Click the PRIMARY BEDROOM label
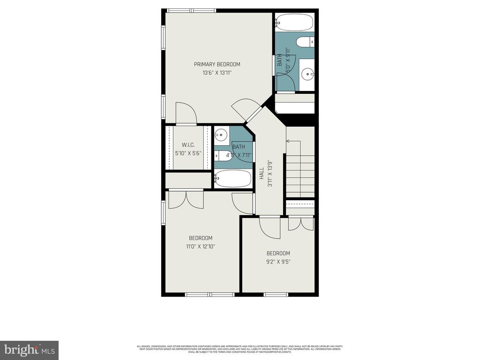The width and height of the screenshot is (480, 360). [217, 64]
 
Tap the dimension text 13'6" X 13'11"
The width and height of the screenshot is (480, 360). [217, 73]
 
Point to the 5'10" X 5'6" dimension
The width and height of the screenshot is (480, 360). [187, 153]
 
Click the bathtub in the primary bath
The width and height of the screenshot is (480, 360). [294, 21]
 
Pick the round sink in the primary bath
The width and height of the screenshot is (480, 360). [307, 73]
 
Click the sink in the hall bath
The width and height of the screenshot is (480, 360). [221, 135]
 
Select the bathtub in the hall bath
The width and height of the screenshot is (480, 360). [233, 179]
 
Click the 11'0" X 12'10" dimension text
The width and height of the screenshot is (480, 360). [201, 246]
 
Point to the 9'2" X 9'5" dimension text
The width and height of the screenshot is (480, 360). [278, 262]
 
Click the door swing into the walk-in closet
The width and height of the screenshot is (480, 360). [186, 112]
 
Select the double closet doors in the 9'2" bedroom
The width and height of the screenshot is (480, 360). [300, 223]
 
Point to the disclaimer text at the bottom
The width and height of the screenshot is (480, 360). [240, 349]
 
